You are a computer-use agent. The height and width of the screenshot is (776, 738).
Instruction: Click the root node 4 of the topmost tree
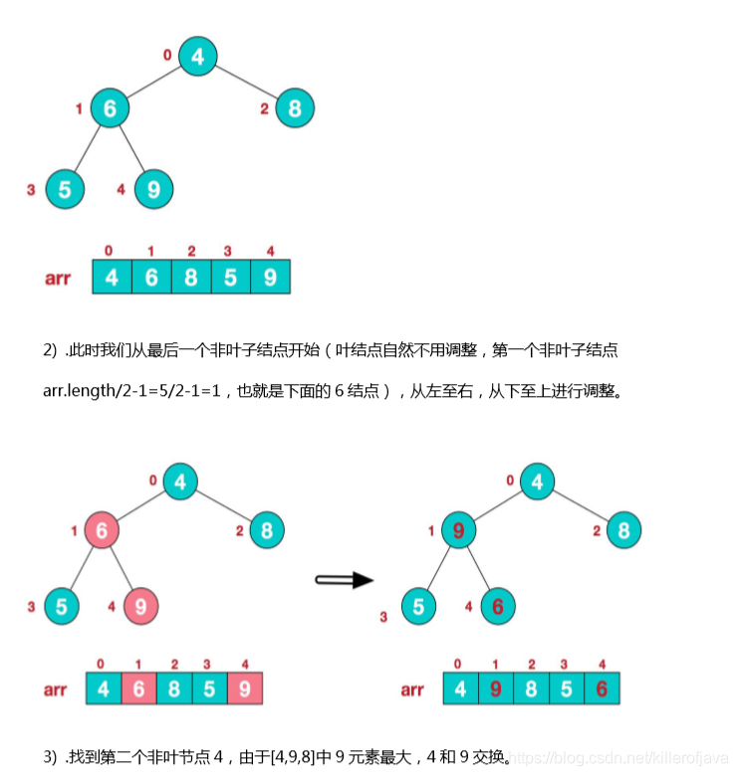pyautogui.click(x=198, y=57)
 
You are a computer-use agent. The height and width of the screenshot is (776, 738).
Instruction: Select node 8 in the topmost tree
pyautogui.click(x=295, y=107)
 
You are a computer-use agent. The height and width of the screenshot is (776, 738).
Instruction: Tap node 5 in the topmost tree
pyautogui.click(x=65, y=189)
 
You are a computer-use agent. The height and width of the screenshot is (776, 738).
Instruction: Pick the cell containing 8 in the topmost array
pyautogui.click(x=191, y=278)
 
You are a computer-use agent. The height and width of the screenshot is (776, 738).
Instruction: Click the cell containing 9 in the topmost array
pyautogui.click(x=270, y=278)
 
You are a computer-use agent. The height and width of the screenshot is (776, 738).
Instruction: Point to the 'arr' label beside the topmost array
pyautogui.click(x=58, y=279)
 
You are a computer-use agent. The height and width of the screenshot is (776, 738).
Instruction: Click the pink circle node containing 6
pyautogui.click(x=103, y=530)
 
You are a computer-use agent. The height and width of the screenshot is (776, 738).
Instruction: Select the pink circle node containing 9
pyautogui.click(x=142, y=604)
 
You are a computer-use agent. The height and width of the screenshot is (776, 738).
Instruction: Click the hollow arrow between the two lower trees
pyautogui.click(x=344, y=580)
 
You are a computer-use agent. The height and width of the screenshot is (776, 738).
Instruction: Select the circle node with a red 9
pyautogui.click(x=458, y=531)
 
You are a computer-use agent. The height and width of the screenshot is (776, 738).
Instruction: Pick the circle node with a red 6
pyautogui.click(x=498, y=605)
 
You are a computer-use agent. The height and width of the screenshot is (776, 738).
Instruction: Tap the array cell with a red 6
pyautogui.click(x=600, y=688)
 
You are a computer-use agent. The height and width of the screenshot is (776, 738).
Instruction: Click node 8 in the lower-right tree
pyautogui.click(x=623, y=530)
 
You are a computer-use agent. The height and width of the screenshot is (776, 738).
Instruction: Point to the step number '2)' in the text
pyautogui.click(x=50, y=350)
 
